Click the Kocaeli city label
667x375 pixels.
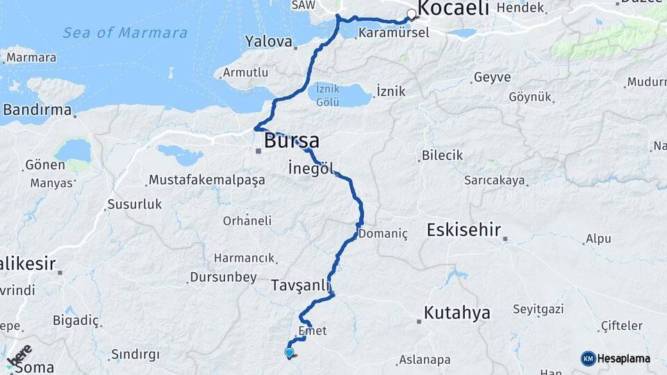pos(455,8)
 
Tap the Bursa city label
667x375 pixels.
pos(292,141)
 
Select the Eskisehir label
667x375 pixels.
pos(463,230)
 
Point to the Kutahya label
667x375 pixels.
pos(456,312)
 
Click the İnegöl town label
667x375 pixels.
pos(311,168)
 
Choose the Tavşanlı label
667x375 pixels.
pos(299,285)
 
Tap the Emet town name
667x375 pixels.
pos(312,331)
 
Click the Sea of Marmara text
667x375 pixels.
pos(125,33)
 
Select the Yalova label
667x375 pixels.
pos(269,42)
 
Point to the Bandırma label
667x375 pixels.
pos(38,110)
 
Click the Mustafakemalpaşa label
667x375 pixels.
pos(207,181)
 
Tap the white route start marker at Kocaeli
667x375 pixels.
pos(411,13)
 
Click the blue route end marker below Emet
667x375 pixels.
pos(289,352)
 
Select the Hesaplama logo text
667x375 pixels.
pos(624,358)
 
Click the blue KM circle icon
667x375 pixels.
pos(588,358)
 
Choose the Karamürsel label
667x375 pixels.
pos(394,33)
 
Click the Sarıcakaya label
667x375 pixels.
pos(495,181)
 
